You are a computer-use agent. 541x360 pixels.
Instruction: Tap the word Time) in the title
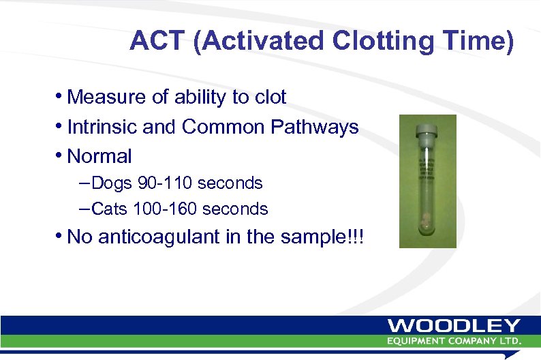[x=480, y=41]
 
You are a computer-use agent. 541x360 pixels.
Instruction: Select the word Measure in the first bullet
[x=106, y=97]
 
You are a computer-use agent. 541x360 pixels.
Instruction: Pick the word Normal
[x=99, y=156]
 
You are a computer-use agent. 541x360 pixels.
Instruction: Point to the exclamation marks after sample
[x=356, y=237]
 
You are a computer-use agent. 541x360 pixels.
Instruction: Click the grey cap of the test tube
[x=427, y=127]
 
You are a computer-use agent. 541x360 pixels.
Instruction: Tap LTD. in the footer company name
[x=510, y=340]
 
